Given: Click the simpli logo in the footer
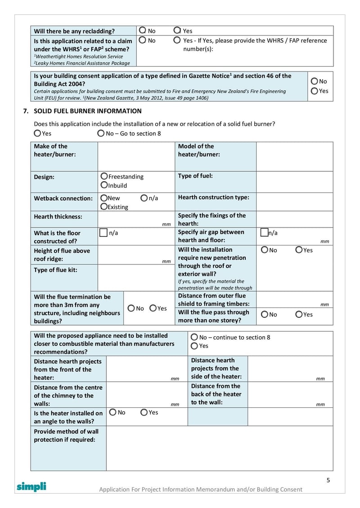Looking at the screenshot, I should (31, 486).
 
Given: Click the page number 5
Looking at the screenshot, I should (328, 480).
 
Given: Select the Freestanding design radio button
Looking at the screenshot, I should (104, 176).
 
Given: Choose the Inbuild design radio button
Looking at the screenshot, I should (104, 185).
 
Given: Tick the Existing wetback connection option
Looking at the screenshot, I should (104, 207).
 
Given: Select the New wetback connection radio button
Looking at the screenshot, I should (104, 198).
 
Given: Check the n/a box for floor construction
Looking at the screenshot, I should (103, 232).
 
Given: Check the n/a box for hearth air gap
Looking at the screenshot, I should (265, 232).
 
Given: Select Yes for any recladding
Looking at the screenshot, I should (177, 31).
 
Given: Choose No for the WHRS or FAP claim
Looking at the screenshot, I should (142, 40).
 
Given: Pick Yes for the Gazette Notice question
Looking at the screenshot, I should (315, 91).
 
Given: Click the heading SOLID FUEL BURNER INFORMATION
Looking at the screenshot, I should (88, 111).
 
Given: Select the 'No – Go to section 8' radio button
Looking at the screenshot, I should (101, 133).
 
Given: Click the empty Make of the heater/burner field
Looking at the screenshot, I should (136, 156).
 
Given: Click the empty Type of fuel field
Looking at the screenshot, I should (294, 182).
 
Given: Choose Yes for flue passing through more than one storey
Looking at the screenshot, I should (299, 314).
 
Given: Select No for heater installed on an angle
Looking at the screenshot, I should (112, 412).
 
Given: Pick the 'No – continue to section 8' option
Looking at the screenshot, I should (194, 337).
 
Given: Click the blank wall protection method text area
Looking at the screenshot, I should (219, 448).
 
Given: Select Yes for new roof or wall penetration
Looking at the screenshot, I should (299, 250).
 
